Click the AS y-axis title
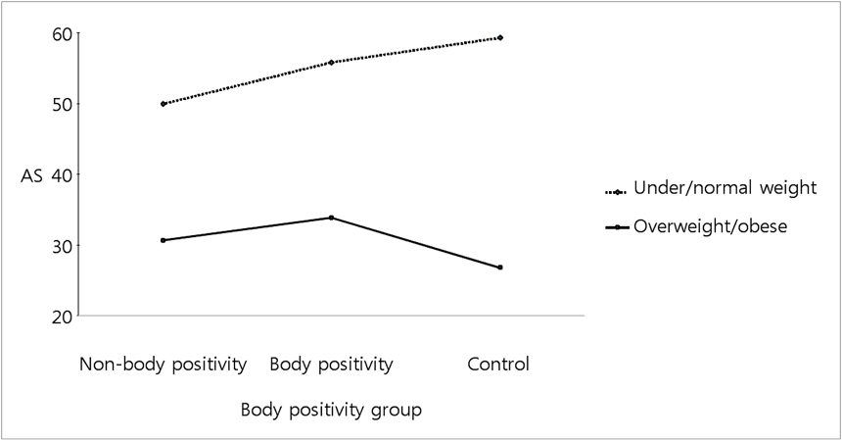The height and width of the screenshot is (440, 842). tap(30, 175)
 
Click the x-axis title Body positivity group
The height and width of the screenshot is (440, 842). tap(331, 410)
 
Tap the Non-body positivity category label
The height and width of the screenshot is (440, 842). tap(163, 365)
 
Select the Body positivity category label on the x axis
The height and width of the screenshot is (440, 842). tap(331, 365)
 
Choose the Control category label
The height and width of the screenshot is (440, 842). tap(498, 365)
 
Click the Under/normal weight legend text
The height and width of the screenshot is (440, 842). tap(725, 188)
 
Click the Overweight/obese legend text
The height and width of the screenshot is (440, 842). tap(710, 226)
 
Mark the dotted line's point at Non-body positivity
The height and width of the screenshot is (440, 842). tap(163, 104)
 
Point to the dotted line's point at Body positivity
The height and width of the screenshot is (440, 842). tap(331, 62)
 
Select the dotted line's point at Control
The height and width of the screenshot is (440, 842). tap(500, 38)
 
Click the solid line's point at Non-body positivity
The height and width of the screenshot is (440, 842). tap(163, 240)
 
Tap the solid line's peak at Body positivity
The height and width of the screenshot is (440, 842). tap(331, 218)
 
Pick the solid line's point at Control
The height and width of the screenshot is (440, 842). tap(500, 268)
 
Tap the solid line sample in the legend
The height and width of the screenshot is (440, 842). tap(617, 227)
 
